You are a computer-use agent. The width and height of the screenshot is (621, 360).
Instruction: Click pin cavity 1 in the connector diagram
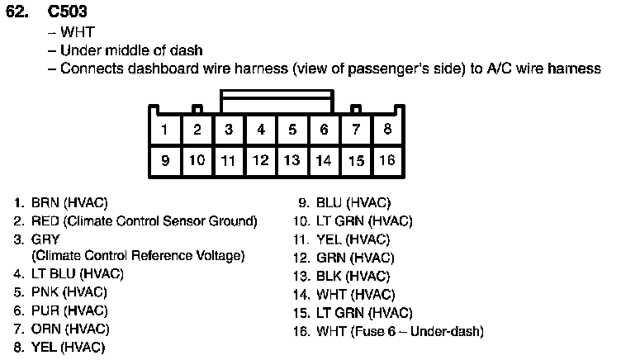165,130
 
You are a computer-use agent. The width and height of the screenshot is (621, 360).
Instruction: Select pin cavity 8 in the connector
386,130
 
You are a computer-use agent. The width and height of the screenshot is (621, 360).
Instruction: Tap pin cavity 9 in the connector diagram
165,160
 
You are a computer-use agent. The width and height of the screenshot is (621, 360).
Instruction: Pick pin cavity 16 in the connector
386,160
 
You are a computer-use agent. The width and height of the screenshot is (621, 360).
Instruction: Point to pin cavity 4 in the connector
260,130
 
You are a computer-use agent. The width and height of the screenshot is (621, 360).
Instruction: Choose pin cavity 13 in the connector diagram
292,160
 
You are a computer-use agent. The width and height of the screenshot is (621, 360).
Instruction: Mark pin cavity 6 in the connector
324,130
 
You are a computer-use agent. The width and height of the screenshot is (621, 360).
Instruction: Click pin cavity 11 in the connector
229,160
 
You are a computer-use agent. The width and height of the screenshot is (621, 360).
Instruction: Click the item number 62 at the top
18,14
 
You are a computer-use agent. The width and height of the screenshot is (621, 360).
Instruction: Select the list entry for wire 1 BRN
61,202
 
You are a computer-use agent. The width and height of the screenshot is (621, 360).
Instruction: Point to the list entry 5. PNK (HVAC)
61,292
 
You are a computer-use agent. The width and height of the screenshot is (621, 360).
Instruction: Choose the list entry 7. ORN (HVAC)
61,329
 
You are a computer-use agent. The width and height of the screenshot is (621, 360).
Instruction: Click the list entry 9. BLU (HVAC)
343,202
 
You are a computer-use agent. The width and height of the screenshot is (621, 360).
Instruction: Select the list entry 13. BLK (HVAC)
342,276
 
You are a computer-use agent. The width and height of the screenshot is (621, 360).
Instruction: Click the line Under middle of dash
130,50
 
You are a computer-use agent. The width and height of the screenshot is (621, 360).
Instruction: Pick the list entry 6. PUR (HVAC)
61,310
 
